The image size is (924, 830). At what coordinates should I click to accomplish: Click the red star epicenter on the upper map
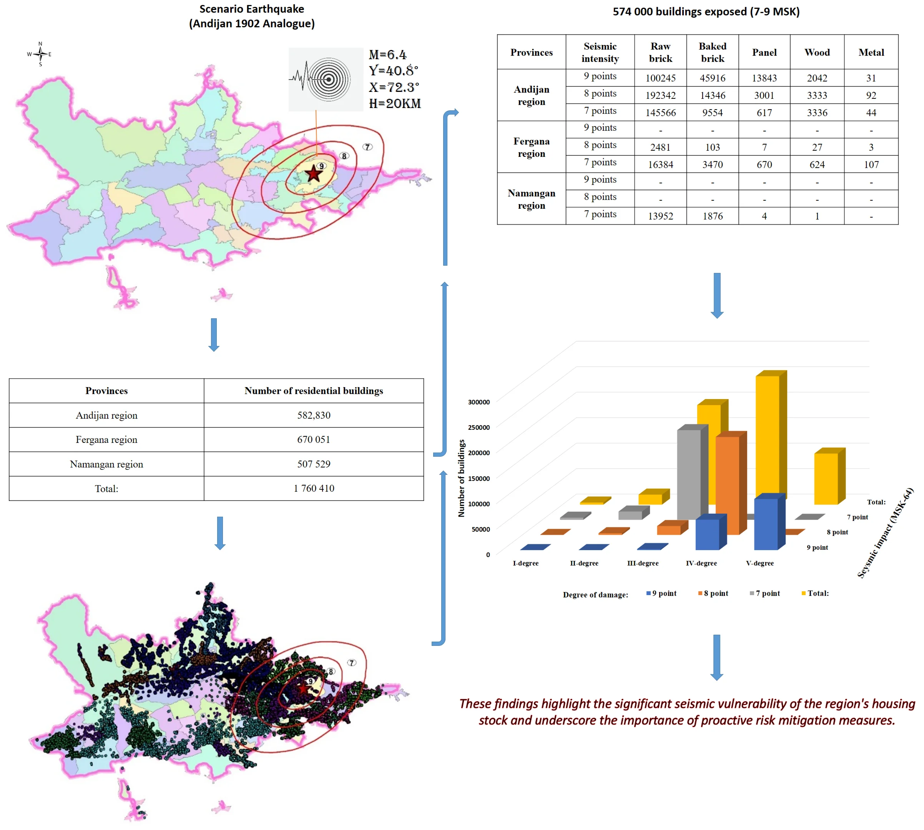[313, 174]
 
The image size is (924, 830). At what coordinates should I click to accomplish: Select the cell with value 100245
[660, 78]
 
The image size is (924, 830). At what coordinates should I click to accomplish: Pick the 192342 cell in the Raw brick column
[660, 95]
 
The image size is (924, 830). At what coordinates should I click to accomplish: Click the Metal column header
[871, 52]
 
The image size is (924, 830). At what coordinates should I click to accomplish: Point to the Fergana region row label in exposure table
[531, 147]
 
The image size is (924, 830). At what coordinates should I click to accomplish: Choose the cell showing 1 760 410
[314, 488]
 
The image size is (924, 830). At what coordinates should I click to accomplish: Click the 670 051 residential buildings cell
[314, 440]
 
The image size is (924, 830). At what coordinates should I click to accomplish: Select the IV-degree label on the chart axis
[701, 563]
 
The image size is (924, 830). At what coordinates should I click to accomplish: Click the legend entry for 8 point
[713, 593]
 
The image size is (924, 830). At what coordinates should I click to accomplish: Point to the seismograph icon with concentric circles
[326, 79]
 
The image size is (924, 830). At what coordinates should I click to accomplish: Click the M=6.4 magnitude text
[387, 55]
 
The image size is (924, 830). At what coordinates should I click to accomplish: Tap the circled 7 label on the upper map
[367, 147]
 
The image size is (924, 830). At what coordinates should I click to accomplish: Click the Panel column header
[764, 52]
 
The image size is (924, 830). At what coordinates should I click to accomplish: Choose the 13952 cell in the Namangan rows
[660, 216]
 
